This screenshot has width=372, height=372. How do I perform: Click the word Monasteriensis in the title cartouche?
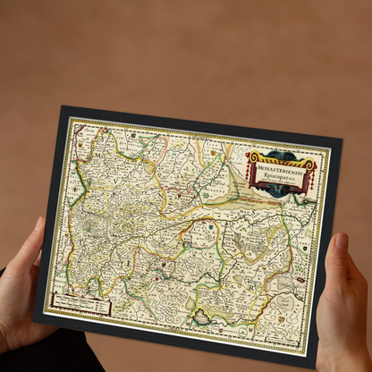tap(282, 167)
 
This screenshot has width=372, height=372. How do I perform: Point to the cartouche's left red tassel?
tap(251, 171)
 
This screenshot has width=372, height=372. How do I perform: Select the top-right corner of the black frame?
tap(342, 140)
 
